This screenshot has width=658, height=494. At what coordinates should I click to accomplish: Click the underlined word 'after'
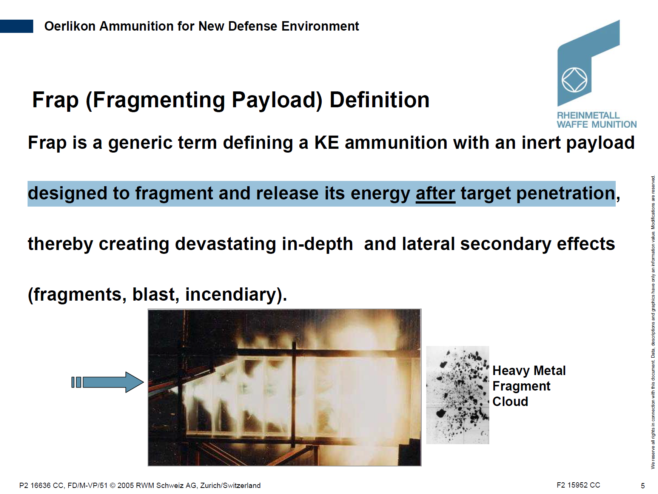(435, 193)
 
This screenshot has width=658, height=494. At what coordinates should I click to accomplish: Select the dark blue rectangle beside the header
(17, 26)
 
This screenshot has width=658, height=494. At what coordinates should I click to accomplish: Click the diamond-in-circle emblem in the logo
(574, 80)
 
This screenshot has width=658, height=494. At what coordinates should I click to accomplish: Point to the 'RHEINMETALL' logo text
(588, 115)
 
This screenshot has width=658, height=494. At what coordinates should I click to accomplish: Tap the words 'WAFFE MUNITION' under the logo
(596, 124)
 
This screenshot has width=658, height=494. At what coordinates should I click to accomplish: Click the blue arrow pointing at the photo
(108, 382)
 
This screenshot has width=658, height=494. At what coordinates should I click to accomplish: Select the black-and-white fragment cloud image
(458, 395)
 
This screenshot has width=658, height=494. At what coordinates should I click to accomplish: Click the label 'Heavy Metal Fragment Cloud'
(529, 386)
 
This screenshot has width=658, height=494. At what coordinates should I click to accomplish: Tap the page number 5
(643, 486)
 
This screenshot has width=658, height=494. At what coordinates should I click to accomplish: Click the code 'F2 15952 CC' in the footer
(578, 485)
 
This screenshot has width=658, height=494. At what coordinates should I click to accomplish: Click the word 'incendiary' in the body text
(231, 294)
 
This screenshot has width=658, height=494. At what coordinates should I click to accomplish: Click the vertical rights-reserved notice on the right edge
(653, 322)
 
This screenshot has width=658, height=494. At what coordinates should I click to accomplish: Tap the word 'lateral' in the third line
(428, 244)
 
